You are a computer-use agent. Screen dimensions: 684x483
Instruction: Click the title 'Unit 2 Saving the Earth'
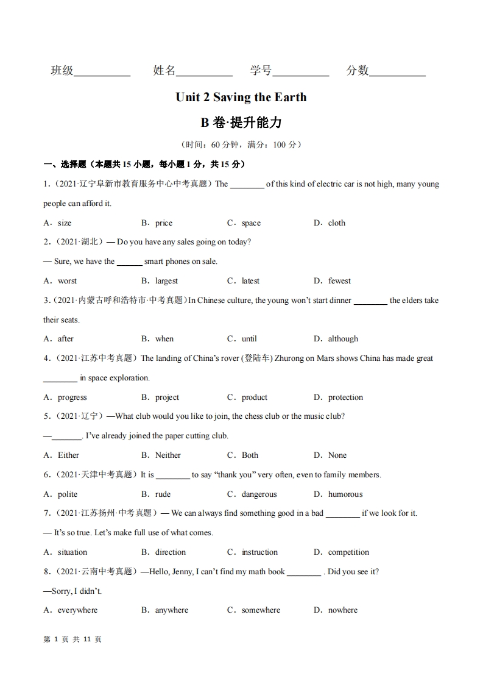pyautogui.click(x=241, y=97)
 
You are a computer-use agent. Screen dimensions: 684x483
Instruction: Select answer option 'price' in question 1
pyautogui.click(x=163, y=223)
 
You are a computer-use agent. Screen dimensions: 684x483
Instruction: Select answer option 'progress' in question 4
pyautogui.click(x=72, y=397)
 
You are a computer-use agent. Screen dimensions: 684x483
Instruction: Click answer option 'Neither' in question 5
pyautogui.click(x=167, y=455)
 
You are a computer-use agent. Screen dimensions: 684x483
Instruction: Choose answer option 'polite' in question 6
pyautogui.click(x=68, y=494)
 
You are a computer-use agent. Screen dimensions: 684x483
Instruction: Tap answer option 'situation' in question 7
pyautogui.click(x=72, y=552)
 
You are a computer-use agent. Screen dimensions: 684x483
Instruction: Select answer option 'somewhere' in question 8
pyautogui.click(x=261, y=610)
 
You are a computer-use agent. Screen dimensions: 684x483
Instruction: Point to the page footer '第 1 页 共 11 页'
pyautogui.click(x=72, y=639)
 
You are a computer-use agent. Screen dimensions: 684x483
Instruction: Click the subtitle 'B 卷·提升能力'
pyautogui.click(x=241, y=123)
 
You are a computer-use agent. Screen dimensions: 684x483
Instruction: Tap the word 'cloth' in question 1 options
pyautogui.click(x=337, y=223)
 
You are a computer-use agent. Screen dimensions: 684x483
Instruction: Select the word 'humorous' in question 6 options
pyautogui.click(x=345, y=494)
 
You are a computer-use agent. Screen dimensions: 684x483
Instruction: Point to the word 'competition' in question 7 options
pyautogui.click(x=348, y=552)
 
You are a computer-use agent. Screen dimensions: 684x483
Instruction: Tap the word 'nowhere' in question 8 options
pyautogui.click(x=343, y=610)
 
